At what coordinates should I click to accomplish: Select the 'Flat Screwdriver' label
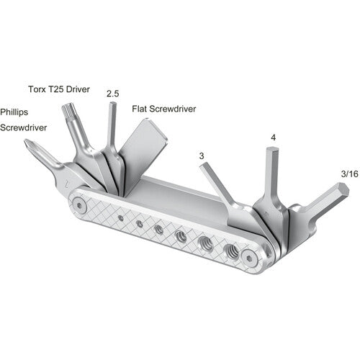(x=164, y=109)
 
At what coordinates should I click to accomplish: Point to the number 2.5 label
(x=112, y=94)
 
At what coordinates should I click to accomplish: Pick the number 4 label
(x=273, y=137)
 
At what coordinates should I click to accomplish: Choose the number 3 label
(x=200, y=155)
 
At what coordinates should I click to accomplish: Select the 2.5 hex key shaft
(x=112, y=126)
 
